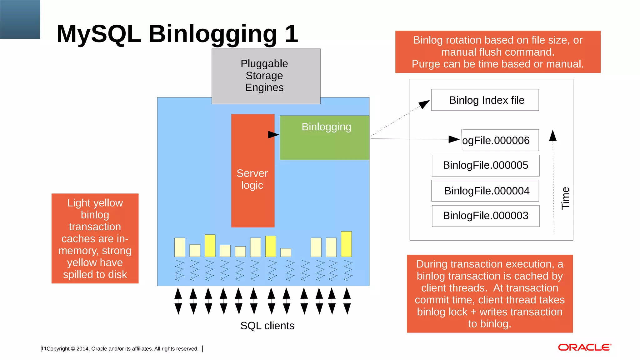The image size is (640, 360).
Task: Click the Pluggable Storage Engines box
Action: point(266,76)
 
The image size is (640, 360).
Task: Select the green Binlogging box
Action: point(324,138)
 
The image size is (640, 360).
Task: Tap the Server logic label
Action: point(252,179)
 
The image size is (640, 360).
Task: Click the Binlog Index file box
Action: point(485,100)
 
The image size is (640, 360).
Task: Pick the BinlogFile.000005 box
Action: point(485,165)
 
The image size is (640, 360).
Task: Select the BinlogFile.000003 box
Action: point(485,216)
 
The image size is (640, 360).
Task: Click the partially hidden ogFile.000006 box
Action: point(500,140)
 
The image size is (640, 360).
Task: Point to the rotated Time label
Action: point(565,198)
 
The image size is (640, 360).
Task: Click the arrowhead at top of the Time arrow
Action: point(553,136)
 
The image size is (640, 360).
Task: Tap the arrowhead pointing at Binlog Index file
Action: point(424,104)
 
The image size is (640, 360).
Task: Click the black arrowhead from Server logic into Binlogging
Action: point(273,135)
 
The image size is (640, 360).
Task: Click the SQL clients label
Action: point(267,326)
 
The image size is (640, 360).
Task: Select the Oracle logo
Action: point(584,347)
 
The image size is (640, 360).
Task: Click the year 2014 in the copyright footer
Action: point(82,349)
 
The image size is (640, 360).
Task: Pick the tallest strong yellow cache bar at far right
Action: point(346,244)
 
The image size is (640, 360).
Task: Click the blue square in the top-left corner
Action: point(20,19)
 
